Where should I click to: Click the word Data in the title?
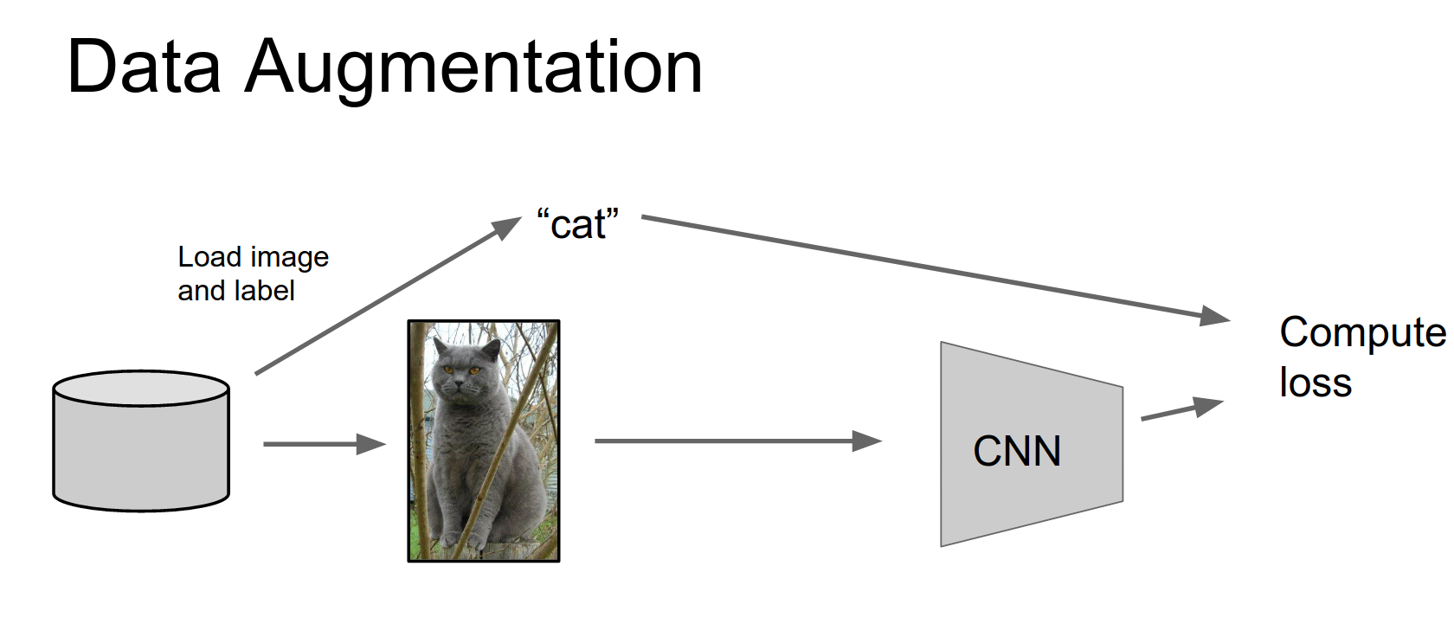click(144, 67)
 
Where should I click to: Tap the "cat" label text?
click(577, 224)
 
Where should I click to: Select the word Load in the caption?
click(209, 257)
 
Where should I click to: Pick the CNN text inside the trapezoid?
click(1016, 451)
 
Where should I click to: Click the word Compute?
click(1361, 333)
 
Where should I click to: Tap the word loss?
click(1315, 383)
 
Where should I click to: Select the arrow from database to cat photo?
click(324, 444)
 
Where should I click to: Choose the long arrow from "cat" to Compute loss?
click(935, 267)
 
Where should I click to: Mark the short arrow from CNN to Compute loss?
click(1181, 408)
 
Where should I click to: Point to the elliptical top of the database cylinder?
click(141, 389)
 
